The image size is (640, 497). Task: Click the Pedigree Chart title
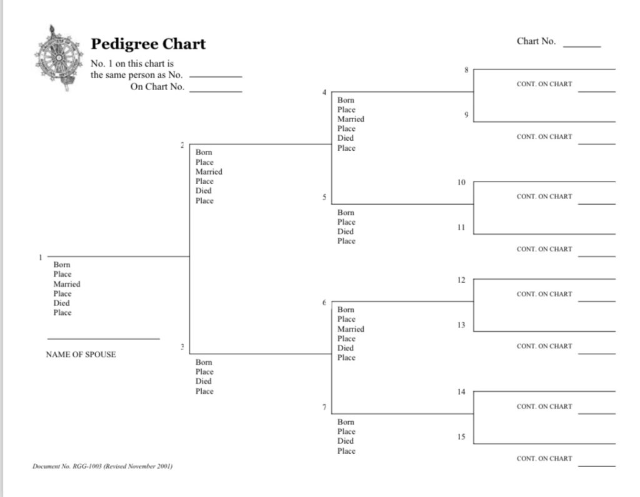click(148, 44)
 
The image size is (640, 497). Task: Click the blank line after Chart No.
click(581, 45)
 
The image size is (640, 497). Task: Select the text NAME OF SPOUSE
click(81, 354)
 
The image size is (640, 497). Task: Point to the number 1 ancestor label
click(40, 257)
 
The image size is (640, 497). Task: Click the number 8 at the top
click(466, 70)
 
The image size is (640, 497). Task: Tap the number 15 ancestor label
click(461, 437)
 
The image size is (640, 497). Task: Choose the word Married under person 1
click(67, 284)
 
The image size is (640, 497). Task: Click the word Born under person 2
click(204, 152)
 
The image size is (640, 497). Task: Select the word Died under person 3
click(204, 381)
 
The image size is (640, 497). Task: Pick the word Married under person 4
click(351, 119)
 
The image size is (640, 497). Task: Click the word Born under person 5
click(346, 213)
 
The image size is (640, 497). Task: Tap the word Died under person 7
click(346, 441)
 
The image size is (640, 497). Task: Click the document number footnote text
click(102, 466)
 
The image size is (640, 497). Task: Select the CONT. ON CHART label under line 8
click(544, 84)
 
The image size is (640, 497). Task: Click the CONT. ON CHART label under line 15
click(544, 459)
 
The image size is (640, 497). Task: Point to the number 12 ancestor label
click(461, 280)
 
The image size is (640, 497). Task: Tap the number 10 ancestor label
click(461, 182)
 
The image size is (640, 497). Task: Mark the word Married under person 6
click(351, 329)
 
